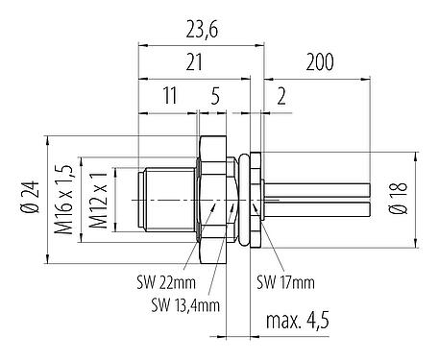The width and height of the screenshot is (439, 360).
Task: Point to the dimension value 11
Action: pyautogui.click(x=169, y=97)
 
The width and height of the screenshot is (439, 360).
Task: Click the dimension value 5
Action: pyautogui.click(x=216, y=97)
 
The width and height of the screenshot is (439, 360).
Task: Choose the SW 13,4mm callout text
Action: pyautogui.click(x=184, y=304)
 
